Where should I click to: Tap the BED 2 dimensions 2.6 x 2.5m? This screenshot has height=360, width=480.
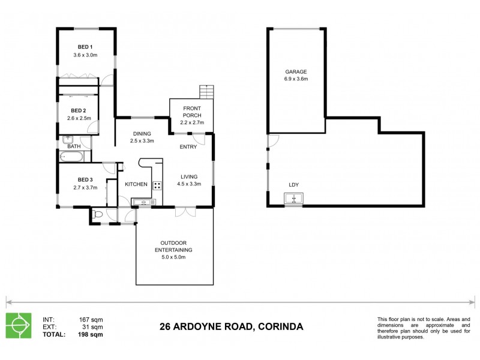pos(79,118)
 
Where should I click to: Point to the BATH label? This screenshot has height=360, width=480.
pos(74,146)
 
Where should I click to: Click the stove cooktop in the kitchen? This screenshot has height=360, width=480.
pos(157,186)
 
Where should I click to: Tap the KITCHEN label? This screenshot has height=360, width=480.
pos(136,185)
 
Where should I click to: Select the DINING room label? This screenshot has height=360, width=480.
pos(142,133)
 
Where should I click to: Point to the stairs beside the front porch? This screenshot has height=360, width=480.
pos(207,93)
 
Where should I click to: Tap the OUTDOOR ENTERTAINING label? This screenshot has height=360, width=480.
pos(175,245)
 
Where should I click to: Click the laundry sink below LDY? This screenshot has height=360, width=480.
pos(293,197)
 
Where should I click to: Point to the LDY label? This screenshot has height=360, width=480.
pos(293,185)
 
